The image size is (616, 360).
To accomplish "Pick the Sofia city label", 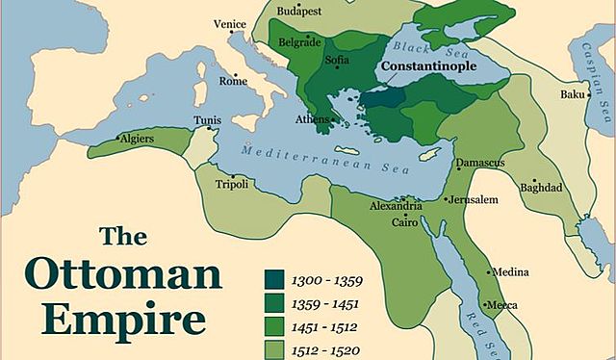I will (x=338, y=60).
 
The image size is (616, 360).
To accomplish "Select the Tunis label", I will (x=208, y=121).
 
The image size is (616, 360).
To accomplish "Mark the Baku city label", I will (x=574, y=94).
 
